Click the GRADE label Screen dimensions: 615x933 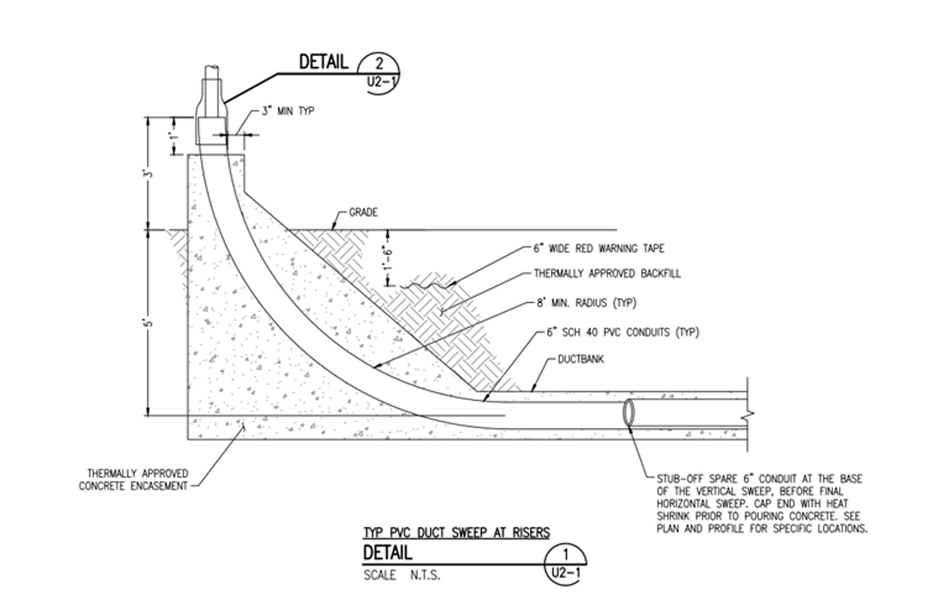pyautogui.click(x=363, y=212)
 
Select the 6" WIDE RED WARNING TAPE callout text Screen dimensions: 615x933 pyautogui.click(x=599, y=248)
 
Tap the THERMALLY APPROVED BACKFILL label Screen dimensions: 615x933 pyautogui.click(x=607, y=274)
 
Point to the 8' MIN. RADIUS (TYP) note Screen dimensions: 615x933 pyautogui.click(x=586, y=303)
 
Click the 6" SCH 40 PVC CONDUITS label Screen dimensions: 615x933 pyautogui.click(x=622, y=333)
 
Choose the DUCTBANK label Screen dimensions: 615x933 pyautogui.click(x=580, y=359)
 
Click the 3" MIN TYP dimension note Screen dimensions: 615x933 pyautogui.click(x=288, y=111)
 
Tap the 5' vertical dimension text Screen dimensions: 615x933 pyautogui.click(x=149, y=322)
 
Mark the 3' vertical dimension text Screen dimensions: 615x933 pyautogui.click(x=149, y=173)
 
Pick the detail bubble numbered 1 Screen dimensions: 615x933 pyautogui.click(x=565, y=563)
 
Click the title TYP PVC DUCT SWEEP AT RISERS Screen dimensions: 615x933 pyautogui.click(x=456, y=533)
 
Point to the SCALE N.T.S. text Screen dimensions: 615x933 pyautogui.click(x=402, y=576)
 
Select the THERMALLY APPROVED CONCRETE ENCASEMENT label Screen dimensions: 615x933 pyautogui.click(x=134, y=480)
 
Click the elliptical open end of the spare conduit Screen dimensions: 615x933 pyautogui.click(x=629, y=413)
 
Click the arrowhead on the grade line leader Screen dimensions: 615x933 pyautogui.click(x=333, y=228)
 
